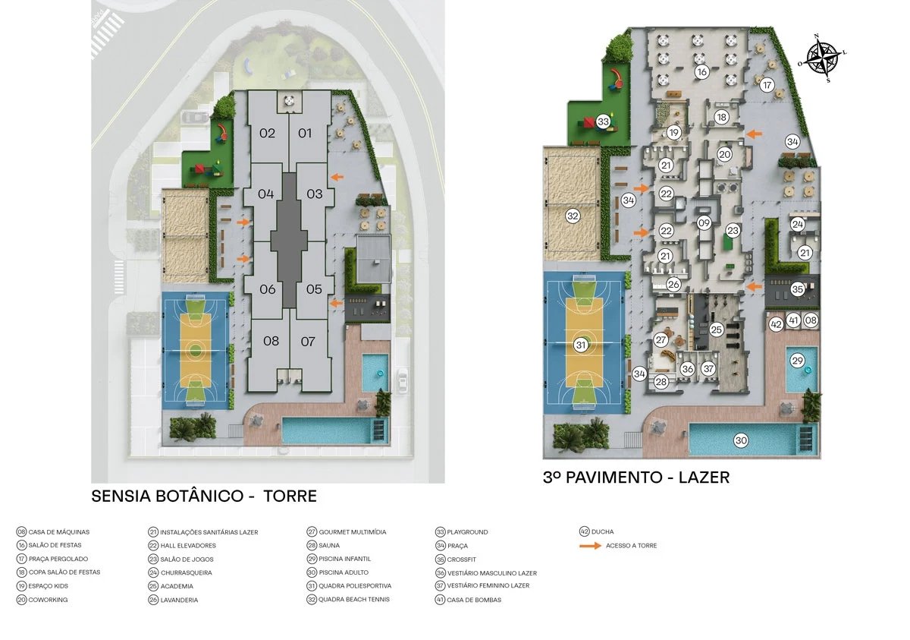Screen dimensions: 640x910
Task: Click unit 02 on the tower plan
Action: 267,134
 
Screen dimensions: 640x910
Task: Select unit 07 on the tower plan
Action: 308,342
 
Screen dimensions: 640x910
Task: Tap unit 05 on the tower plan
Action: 314,289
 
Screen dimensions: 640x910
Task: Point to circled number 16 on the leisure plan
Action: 702,72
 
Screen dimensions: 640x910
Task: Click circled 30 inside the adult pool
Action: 741,440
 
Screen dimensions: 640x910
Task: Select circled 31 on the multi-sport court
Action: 582,345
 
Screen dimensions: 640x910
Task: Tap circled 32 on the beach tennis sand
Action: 573,216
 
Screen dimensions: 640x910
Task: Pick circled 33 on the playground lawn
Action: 604,121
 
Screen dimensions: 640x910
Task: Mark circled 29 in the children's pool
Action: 797,360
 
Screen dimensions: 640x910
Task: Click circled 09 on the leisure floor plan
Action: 704,223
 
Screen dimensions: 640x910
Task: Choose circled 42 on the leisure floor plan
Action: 776,324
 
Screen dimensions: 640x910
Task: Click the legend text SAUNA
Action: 329,546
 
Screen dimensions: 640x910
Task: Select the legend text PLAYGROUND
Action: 467,532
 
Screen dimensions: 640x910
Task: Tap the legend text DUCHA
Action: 604,532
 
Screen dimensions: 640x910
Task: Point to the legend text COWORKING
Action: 49,600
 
